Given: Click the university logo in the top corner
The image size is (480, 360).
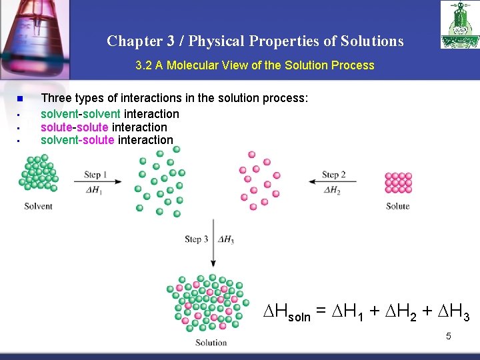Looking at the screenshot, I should tap(459, 25).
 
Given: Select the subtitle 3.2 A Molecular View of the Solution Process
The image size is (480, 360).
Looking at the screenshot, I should tap(255, 65).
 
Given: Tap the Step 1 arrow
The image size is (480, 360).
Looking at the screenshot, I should tap(98, 181).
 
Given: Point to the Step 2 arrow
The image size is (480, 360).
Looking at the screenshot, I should tap(331, 181).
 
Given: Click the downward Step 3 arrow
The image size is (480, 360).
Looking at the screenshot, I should tap(213, 243).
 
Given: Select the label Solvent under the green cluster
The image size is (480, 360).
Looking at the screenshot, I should tap(38, 207).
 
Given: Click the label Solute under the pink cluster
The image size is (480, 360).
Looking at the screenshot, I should tap(397, 207).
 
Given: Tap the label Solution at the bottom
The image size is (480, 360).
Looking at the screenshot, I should tap(211, 343).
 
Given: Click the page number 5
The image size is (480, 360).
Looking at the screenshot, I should tap(448, 336).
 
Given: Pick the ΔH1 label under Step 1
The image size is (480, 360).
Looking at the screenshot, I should tap(94, 191).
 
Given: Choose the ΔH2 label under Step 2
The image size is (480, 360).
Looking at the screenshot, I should tap(331, 191).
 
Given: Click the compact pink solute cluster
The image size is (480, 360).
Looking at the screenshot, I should tap(398, 183).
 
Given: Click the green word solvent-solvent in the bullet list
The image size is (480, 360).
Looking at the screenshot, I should tap(81, 114).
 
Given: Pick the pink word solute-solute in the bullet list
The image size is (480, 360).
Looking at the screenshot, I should tap(75, 127).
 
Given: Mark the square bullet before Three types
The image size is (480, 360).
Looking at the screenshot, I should tap(20, 99).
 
